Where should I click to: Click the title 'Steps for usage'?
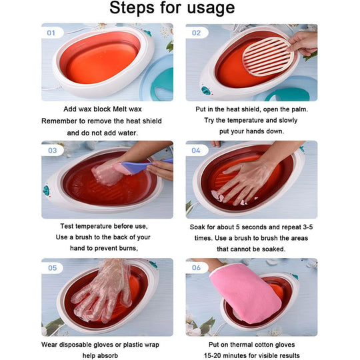[172, 9]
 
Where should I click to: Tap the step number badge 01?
[51, 32]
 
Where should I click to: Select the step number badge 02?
[196, 32]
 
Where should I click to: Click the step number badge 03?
[51, 150]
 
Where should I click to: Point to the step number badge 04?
[196, 150]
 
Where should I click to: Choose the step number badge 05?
[51, 267]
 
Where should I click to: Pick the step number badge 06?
[196, 267]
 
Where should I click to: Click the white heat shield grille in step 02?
[266, 56]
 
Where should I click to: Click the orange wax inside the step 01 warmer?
[99, 58]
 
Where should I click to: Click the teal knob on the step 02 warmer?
[203, 91]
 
